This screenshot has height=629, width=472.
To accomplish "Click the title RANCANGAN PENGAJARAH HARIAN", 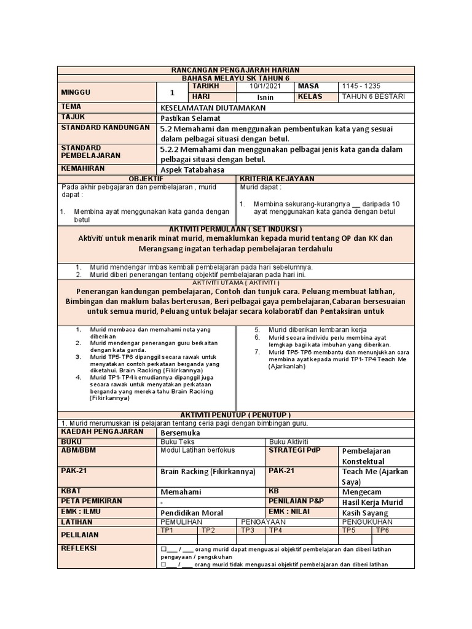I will click(235, 71).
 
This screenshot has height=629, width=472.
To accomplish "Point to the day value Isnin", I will click(265, 97).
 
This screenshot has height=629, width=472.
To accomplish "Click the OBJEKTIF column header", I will click(146, 178).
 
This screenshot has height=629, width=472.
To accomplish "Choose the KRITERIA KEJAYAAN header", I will click(277, 178).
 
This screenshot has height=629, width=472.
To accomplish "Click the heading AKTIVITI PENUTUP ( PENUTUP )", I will click(235, 415).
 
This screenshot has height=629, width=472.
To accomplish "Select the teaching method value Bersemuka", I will click(181, 432).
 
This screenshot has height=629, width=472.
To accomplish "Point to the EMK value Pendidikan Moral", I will click(191, 512).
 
